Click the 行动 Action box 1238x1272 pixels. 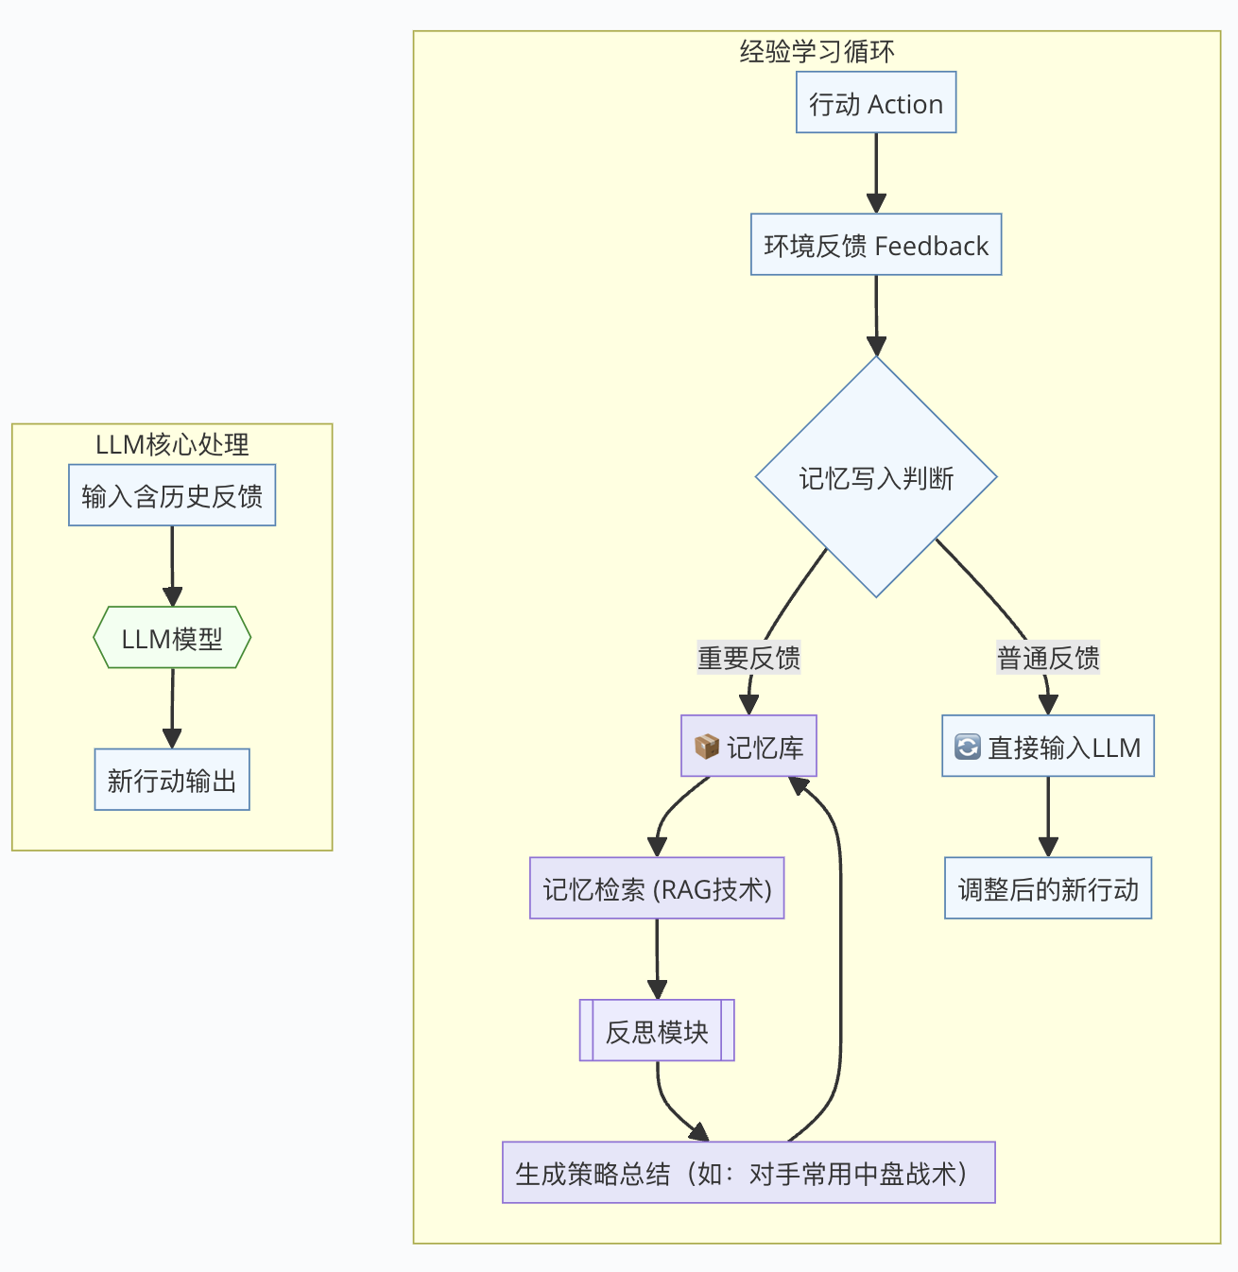876,103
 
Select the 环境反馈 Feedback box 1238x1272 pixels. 876,245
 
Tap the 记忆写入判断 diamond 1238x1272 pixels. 876,476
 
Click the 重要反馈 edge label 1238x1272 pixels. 749,657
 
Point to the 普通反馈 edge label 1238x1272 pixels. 1048,657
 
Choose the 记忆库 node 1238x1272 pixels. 749,746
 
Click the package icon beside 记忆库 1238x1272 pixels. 707,747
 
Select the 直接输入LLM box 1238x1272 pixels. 1048,746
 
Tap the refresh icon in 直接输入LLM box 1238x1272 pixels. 968,747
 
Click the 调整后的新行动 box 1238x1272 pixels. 1048,888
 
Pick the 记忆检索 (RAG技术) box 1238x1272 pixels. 657,888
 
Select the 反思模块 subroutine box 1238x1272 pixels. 657,1030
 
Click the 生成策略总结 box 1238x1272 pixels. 749,1173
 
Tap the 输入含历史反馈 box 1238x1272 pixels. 172,495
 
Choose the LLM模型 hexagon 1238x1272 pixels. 172,637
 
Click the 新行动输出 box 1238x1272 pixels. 172,780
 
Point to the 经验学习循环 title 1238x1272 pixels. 817,52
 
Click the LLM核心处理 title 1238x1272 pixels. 172,444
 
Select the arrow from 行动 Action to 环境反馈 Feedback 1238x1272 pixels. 876,173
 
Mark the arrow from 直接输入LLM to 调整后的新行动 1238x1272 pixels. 1048,817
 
